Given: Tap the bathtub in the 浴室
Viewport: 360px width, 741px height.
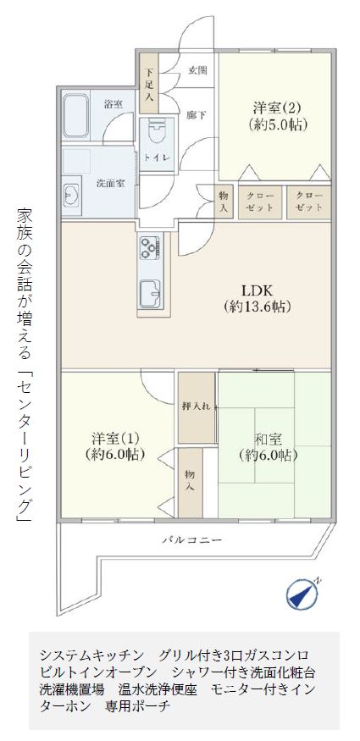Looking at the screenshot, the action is coord(76,116).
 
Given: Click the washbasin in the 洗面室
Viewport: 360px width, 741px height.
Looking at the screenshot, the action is coord(71,194).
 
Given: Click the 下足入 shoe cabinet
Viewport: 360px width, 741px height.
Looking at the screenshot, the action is coord(150,83).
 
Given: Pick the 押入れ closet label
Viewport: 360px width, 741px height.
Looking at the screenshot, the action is coord(199,406).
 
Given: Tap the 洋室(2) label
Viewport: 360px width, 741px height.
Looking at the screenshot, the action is coord(276,108).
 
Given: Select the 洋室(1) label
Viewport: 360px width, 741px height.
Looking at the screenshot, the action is coord(115,439).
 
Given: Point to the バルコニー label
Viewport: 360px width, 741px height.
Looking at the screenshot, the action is coord(191,539).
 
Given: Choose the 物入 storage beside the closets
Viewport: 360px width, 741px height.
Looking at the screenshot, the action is coord(224,202).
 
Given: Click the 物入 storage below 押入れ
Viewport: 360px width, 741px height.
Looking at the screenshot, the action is coord(191,482).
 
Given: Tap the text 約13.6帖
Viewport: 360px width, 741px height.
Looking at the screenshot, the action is coord(257,307).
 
